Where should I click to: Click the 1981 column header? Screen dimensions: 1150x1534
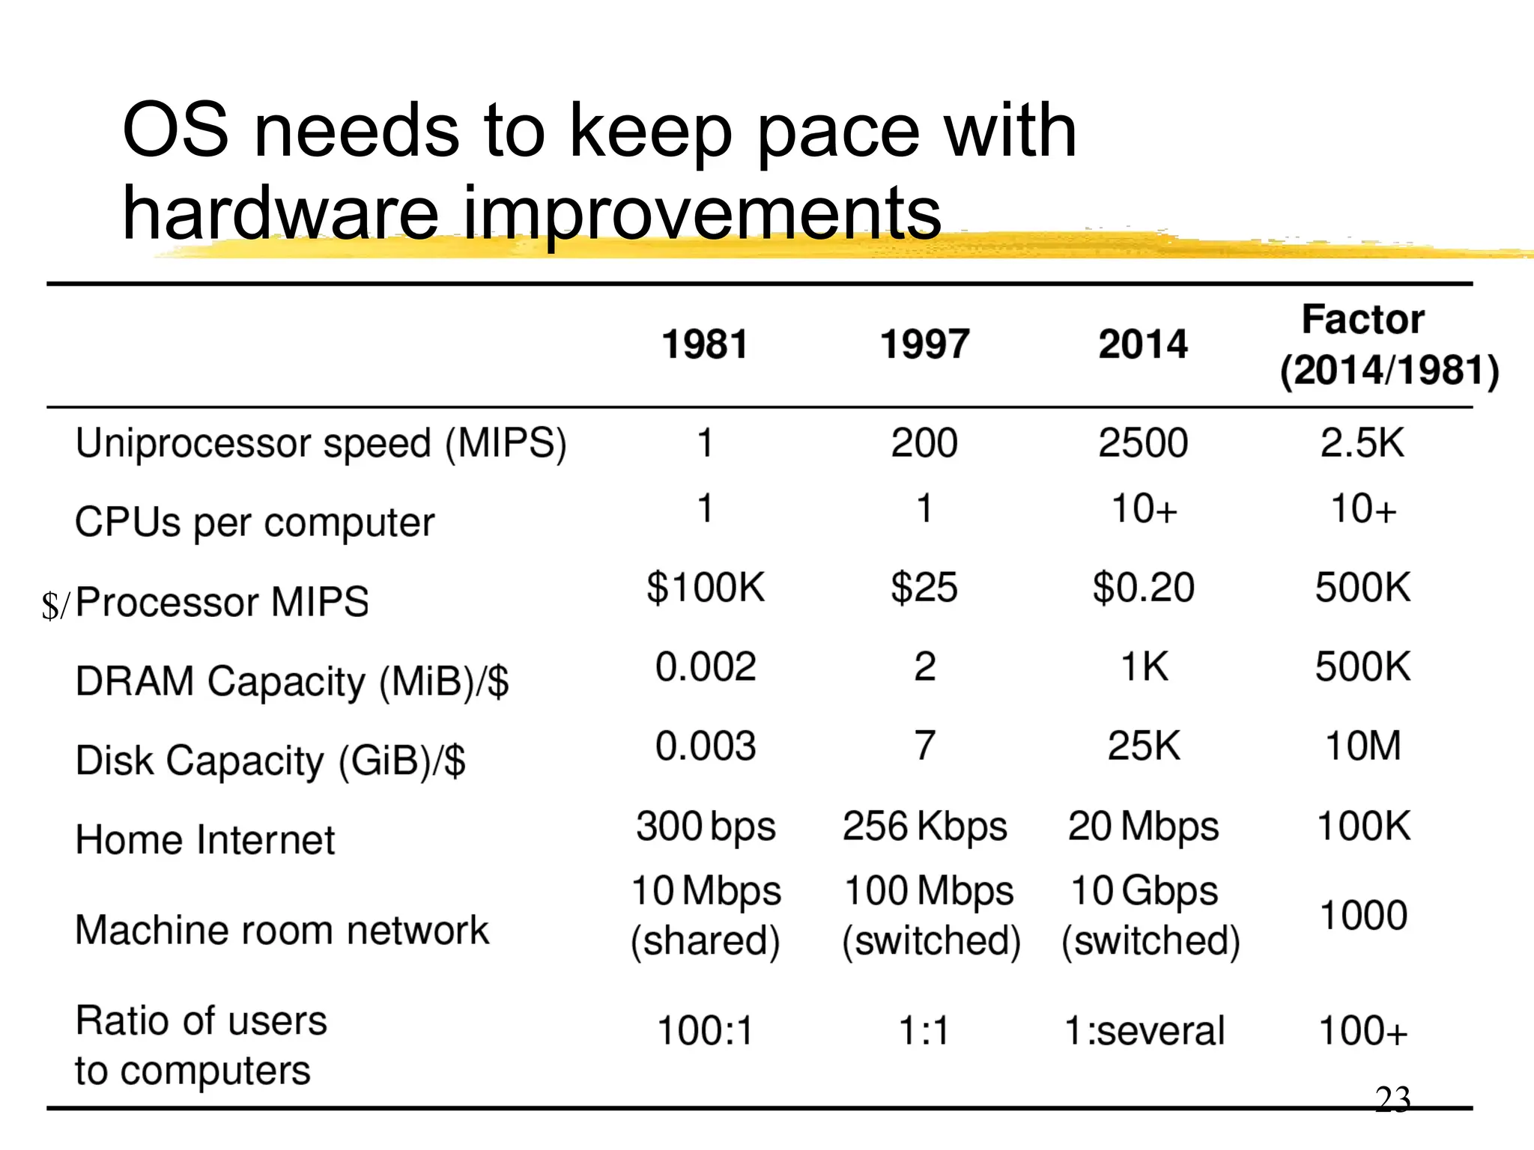pos(705,344)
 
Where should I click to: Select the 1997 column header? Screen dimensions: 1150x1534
pos(924,344)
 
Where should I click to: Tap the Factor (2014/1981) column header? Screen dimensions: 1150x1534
pos(1389,345)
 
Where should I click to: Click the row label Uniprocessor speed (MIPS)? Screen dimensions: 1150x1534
pos(321,443)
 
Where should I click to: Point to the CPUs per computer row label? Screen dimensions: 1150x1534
pos(255,522)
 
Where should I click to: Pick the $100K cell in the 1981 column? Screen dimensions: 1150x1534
pos(706,587)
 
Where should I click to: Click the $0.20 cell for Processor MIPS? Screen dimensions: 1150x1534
pos(1143,587)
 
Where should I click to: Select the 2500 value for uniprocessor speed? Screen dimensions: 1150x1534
pos(1143,443)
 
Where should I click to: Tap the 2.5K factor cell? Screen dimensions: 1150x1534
pos(1362,443)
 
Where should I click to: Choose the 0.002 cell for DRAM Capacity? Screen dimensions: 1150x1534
pos(706,666)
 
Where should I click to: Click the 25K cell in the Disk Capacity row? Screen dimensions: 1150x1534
pos(1144,746)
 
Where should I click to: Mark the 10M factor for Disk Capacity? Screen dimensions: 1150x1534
pos(1363,746)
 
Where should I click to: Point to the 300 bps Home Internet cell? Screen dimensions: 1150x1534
pos(706,827)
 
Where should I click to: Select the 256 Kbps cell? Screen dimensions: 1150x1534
pos(924,827)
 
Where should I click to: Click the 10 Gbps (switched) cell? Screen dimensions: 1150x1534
pos(1149,915)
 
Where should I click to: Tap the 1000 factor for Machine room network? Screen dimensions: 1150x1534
pos(1363,915)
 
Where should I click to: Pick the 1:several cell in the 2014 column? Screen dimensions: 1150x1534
pos(1144,1030)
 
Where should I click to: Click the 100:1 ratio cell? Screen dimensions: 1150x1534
pos(706,1030)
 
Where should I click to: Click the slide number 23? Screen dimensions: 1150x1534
pos(1392,1099)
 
